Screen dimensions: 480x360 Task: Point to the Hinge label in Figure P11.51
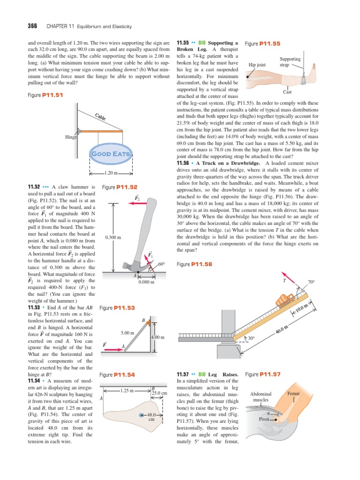click(72, 137)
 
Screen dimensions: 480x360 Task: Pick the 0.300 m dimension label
click(113, 238)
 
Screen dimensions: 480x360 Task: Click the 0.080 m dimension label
click(146, 282)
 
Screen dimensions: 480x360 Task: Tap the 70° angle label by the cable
click(311, 282)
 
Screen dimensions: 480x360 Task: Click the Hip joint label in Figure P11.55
click(257, 65)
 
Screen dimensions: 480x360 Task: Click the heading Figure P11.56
click(195, 264)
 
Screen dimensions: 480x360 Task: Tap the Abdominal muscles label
click(261, 397)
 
